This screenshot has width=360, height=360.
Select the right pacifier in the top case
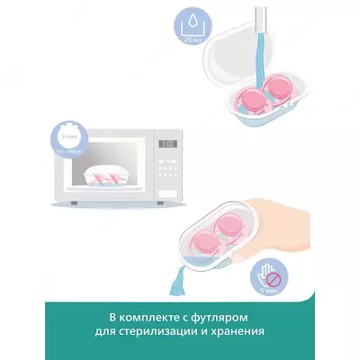point(283,94)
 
